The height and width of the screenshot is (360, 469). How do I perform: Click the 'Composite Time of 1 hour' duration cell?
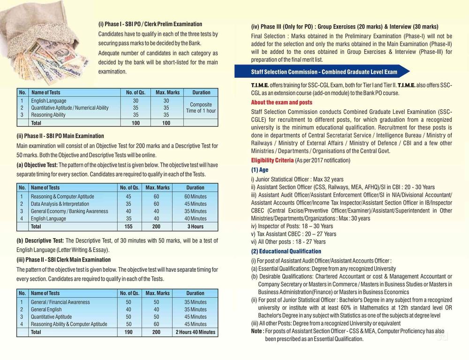point(201,108)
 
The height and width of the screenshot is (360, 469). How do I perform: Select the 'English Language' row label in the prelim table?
point(49,101)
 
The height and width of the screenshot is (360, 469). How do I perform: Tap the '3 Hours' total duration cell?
point(195,226)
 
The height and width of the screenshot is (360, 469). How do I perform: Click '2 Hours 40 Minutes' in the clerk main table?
point(195,332)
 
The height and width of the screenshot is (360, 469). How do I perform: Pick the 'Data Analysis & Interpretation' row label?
point(60,204)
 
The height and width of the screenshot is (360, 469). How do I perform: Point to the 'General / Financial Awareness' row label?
point(60,302)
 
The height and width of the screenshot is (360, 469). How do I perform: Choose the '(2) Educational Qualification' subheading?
point(286,251)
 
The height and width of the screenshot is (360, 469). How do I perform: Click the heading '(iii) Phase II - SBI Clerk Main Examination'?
point(64,260)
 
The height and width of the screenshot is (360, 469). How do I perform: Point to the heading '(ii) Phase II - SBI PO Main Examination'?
point(63,136)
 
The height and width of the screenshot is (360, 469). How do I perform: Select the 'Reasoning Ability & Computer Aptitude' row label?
point(69,324)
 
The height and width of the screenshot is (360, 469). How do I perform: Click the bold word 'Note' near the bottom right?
point(257,331)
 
